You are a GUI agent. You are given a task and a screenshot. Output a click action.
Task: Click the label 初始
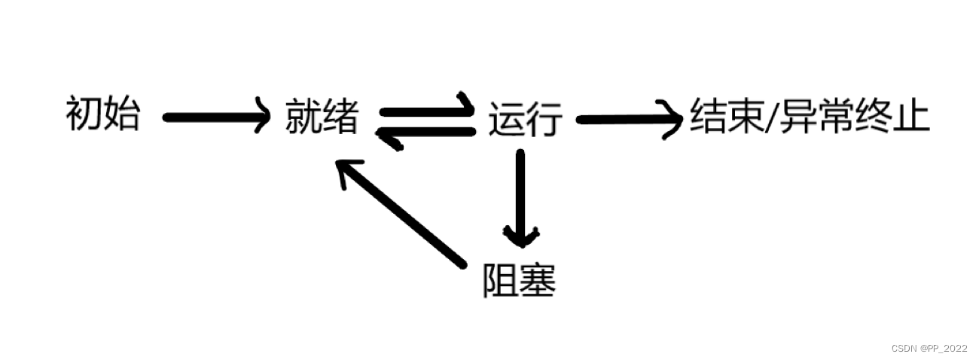[x=103, y=115]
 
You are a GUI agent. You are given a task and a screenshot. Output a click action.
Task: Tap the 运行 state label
[x=525, y=120]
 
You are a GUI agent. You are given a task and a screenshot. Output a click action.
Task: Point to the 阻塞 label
[x=519, y=281]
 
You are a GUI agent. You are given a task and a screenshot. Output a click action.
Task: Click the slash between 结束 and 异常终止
[x=769, y=118]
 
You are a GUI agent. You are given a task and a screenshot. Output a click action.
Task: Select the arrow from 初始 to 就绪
[x=215, y=117]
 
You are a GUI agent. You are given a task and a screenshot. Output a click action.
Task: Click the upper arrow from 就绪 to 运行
[x=425, y=110]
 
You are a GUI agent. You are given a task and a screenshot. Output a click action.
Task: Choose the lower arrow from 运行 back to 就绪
[x=425, y=132]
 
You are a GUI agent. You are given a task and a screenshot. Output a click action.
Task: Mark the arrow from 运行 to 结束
[x=625, y=119]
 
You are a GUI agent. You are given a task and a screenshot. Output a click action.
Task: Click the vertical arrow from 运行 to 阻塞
[x=520, y=196]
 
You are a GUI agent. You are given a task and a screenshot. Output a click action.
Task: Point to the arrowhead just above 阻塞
[x=520, y=236]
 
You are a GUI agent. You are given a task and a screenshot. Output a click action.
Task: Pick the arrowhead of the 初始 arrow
[x=261, y=116]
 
